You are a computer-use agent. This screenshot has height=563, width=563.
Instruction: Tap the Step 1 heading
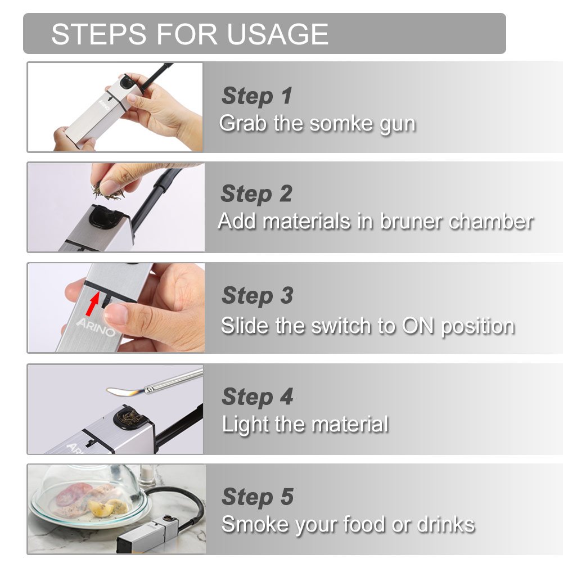point(257,96)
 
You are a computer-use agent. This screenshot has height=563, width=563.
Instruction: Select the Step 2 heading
point(257,194)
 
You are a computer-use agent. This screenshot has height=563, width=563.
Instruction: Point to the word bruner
point(412,221)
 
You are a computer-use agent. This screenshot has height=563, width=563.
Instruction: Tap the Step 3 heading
point(258,295)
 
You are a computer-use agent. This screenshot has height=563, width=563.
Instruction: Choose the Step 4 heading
point(258,397)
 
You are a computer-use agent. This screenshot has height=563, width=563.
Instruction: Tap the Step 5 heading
point(258,497)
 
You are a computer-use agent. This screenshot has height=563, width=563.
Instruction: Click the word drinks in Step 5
point(445,524)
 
